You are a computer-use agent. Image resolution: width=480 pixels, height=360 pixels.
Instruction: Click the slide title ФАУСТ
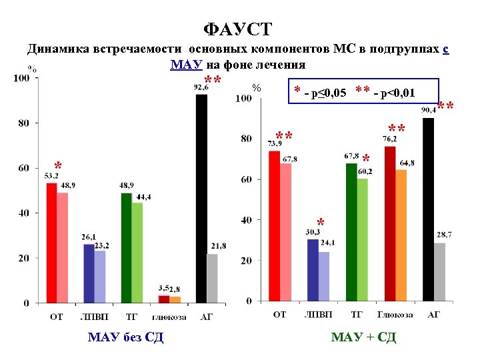[x=238, y=29]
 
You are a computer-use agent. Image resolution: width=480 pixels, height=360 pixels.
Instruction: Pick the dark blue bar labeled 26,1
[x=89, y=273]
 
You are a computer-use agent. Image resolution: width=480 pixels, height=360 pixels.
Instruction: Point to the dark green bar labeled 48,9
[x=126, y=247]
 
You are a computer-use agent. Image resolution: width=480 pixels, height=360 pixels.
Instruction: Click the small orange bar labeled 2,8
[x=175, y=299]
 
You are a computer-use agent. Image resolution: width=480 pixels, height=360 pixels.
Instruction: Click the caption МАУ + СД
[x=363, y=338]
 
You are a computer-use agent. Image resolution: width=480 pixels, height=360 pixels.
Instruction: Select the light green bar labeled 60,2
[x=363, y=239]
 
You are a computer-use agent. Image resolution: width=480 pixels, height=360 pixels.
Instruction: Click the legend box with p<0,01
[x=366, y=92]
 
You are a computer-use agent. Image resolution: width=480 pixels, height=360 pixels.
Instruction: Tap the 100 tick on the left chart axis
[x=22, y=79]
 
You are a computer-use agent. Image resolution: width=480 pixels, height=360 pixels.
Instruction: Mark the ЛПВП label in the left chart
[x=94, y=317]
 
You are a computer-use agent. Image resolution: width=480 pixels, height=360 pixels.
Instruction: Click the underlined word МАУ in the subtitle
[x=181, y=65]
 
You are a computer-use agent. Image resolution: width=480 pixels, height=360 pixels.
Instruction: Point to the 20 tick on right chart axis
[x=245, y=260]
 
